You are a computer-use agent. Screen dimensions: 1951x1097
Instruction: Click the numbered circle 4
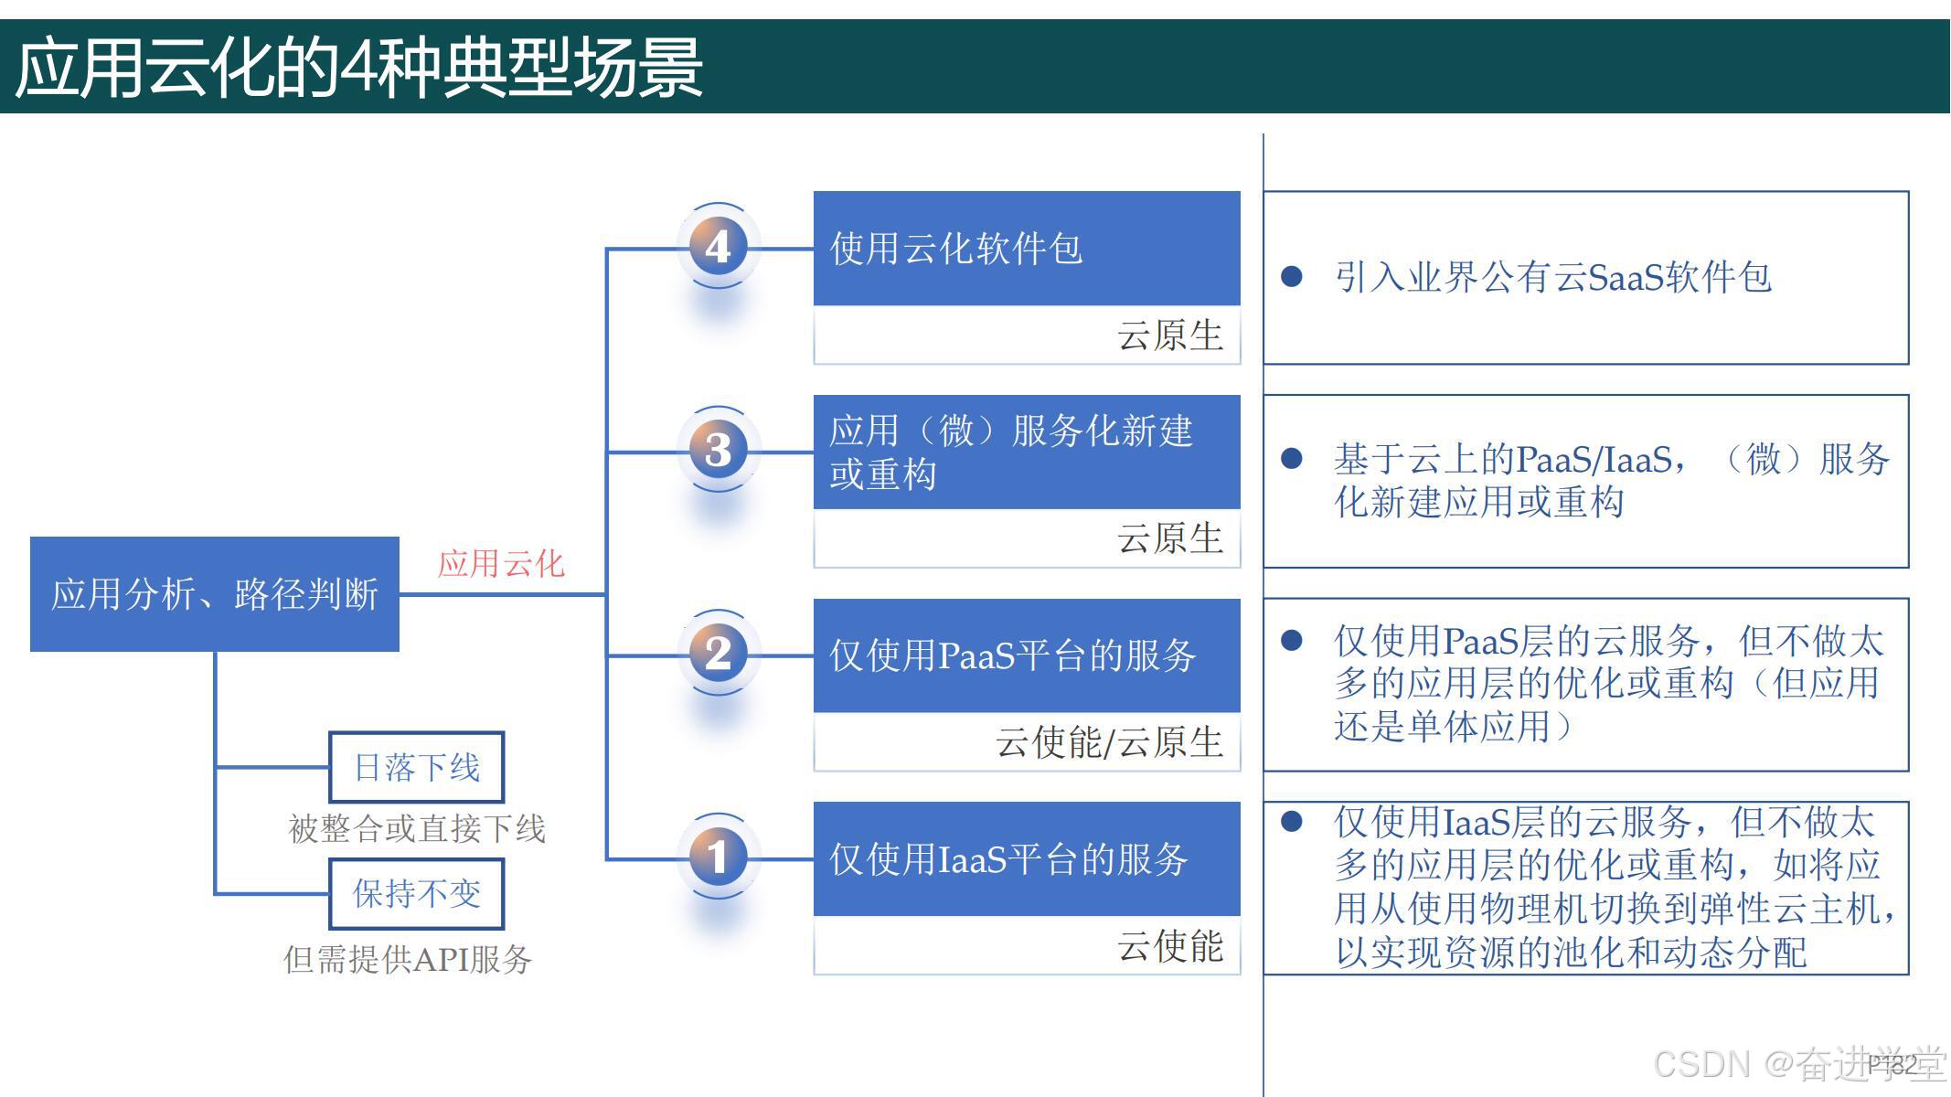718,247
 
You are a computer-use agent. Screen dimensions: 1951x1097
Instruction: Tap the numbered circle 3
718,450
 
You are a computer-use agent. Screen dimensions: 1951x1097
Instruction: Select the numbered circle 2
718,654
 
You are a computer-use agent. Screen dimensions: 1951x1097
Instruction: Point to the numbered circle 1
718,857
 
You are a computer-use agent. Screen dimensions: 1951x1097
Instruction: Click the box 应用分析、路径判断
215,594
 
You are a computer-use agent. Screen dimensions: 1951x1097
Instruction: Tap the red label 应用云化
501,563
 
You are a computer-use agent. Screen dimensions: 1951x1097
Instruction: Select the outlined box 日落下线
416,767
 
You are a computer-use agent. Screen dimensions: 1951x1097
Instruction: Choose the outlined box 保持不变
416,893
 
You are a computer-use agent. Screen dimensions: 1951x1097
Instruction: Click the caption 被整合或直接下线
417,829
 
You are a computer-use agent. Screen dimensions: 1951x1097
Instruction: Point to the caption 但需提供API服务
408,959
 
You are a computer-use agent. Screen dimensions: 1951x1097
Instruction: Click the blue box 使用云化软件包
1026,249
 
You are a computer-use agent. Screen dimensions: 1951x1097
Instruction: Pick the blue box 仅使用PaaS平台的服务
1026,655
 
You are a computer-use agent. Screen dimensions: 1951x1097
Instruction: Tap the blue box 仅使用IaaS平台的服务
1026,859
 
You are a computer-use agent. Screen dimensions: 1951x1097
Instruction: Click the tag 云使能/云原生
1109,742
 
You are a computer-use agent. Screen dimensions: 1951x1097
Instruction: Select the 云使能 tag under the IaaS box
1169,946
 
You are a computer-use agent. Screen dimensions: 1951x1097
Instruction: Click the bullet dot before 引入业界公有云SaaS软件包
1292,276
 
